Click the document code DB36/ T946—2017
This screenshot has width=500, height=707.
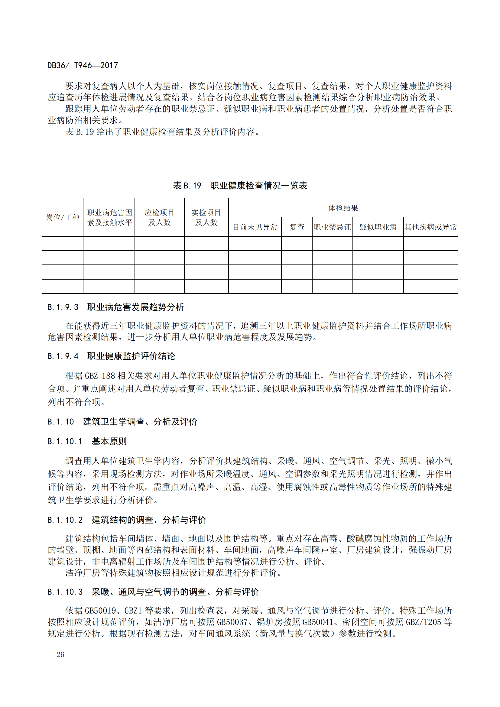[83, 65]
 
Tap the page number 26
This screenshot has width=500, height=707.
[60, 654]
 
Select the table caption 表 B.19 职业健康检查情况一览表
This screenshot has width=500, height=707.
[240, 185]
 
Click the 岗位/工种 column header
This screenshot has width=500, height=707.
[63, 217]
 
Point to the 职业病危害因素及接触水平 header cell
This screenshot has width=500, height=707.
[109, 217]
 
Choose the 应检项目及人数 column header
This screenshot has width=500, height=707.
[160, 217]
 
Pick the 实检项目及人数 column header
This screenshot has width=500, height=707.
[206, 217]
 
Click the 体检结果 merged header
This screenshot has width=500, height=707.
[343, 208]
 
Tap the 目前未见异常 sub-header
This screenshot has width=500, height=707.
[255, 227]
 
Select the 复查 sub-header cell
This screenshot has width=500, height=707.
[297, 227]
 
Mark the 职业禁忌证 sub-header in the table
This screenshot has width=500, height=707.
[332, 227]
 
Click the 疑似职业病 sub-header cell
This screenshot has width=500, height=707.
[378, 227]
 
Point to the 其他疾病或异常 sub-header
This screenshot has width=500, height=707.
[430, 227]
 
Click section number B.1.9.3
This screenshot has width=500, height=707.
[63, 307]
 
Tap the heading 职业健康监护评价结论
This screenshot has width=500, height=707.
[131, 356]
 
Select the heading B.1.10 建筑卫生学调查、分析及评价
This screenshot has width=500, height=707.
[122, 422]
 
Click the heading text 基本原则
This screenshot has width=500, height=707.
[109, 441]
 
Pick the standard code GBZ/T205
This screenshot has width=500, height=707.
[423, 622]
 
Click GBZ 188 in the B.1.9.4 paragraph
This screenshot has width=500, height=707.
[100, 376]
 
